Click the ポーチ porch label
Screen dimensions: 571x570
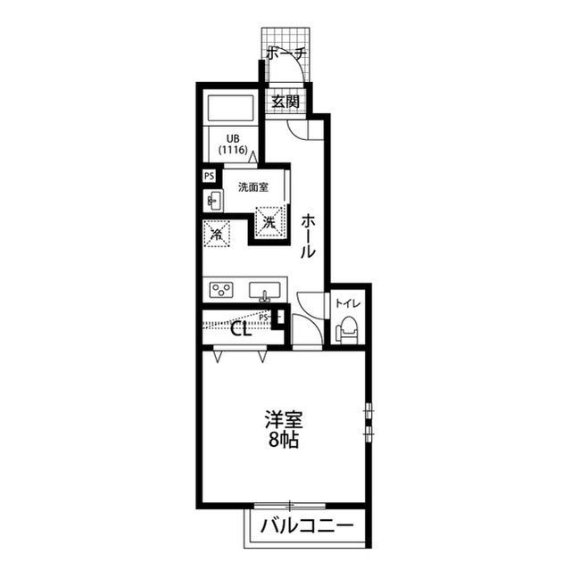pyautogui.click(x=286, y=54)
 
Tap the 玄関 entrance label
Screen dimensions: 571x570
pyautogui.click(x=285, y=102)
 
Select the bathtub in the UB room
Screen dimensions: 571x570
pyautogui.click(x=230, y=109)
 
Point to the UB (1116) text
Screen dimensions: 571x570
pyautogui.click(x=233, y=145)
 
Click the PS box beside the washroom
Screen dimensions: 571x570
pyautogui.click(x=209, y=177)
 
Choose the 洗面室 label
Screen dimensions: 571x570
pyautogui.click(x=253, y=187)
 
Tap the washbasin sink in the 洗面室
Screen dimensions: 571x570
pyautogui.click(x=213, y=201)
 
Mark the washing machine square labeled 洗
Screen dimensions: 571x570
pyautogui.click(x=269, y=221)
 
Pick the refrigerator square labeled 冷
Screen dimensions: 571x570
pyautogui.click(x=217, y=234)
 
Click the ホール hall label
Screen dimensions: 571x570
pyautogui.click(x=308, y=236)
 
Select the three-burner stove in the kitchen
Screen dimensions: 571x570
pyautogui.click(x=221, y=290)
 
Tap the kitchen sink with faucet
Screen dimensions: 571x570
pyautogui.click(x=265, y=292)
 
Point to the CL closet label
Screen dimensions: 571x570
pyautogui.click(x=242, y=330)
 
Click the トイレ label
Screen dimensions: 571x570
pyautogui.click(x=348, y=303)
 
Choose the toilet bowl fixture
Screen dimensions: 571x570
pyautogui.click(x=347, y=329)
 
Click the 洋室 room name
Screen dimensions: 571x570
pyautogui.click(x=284, y=419)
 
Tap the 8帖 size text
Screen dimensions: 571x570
pyautogui.click(x=284, y=441)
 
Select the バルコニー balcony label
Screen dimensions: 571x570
pyautogui.click(x=307, y=525)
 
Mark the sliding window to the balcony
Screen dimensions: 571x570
pyautogui.click(x=290, y=506)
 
